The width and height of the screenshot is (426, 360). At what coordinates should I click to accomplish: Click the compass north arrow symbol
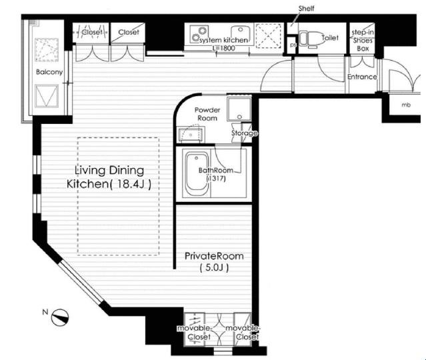[60, 317]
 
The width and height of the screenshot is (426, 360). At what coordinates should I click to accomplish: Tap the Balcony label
[49, 72]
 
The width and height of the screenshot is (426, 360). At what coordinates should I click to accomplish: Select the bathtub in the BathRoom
[197, 173]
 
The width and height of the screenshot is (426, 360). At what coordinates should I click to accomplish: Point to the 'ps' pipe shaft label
[293, 45]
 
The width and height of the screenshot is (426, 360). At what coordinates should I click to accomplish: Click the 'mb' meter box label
[406, 105]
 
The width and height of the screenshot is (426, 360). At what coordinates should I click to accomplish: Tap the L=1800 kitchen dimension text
[224, 49]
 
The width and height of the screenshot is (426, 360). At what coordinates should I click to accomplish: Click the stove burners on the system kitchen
[199, 34]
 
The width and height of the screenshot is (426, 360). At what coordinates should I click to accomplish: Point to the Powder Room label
[207, 114]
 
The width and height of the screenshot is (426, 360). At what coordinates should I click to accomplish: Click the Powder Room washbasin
[191, 134]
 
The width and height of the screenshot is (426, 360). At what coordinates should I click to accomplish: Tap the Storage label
[244, 133]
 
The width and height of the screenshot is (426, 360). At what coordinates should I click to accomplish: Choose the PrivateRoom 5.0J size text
[214, 267]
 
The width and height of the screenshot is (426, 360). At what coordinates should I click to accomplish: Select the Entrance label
[362, 77]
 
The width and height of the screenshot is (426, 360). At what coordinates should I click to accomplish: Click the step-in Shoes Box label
[363, 41]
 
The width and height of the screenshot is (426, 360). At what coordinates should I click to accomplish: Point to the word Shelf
[307, 9]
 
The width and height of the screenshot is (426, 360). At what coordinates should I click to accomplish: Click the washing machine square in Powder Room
[239, 109]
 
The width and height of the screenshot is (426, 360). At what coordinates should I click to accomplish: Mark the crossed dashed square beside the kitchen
[269, 36]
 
